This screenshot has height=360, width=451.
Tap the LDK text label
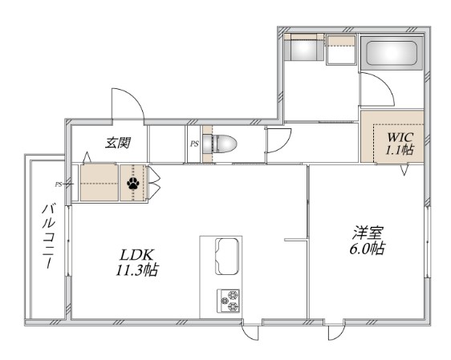(133, 257)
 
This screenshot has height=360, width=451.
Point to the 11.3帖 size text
(135, 271)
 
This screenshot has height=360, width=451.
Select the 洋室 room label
(368, 233)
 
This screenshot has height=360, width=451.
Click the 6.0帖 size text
(368, 249)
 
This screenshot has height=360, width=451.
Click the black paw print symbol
(132, 184)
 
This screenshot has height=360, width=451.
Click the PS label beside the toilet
(193, 144)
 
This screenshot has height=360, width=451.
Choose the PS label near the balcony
(59, 184)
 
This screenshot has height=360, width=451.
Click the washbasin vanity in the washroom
(303, 50)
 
